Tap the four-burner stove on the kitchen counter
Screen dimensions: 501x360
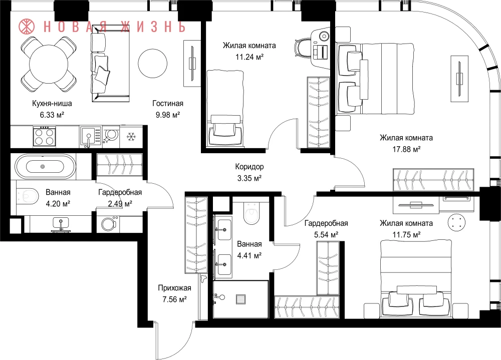(45, 136)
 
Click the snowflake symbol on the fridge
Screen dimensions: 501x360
(131, 137)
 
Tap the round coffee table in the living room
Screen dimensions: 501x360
(153, 63)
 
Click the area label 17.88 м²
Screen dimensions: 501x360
(406, 149)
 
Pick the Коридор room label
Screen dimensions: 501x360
(249, 166)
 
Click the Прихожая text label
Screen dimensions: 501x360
(174, 288)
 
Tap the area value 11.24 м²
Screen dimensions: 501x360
(249, 57)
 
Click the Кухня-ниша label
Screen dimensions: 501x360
(52, 104)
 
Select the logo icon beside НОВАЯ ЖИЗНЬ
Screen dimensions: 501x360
(27, 27)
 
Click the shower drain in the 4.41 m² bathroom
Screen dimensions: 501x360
(240, 299)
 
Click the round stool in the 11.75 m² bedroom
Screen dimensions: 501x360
(456, 221)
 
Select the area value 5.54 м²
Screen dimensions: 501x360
(326, 235)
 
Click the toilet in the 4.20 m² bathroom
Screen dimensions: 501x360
(27, 195)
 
